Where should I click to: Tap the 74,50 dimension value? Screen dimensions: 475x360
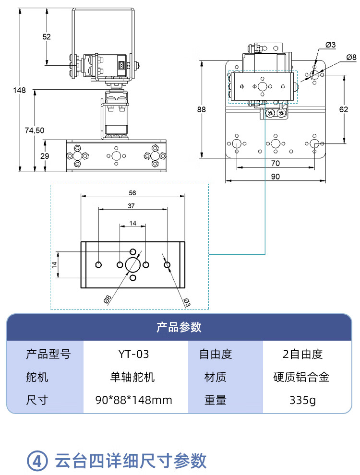(35, 130)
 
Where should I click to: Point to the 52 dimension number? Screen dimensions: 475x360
(47, 37)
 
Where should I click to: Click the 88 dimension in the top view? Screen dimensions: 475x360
(201, 109)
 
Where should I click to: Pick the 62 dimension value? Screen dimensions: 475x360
(344, 109)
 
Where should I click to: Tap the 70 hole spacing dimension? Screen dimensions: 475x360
(275, 163)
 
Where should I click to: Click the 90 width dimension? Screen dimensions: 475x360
(276, 177)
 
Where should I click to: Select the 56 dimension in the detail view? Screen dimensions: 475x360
(133, 192)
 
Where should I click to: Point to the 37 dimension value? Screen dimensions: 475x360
(132, 205)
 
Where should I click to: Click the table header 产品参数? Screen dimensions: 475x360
(179, 327)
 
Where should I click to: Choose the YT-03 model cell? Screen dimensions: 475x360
(133, 355)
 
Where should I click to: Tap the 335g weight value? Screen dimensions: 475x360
(302, 400)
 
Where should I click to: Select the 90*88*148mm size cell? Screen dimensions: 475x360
(133, 400)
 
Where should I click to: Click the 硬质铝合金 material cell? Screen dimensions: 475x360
(302, 377)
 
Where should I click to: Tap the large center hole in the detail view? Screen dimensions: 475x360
(132, 264)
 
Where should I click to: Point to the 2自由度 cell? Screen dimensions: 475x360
(302, 355)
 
